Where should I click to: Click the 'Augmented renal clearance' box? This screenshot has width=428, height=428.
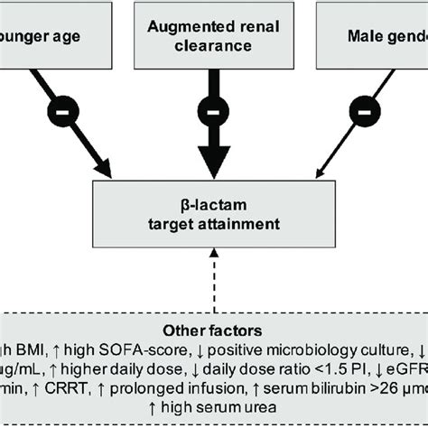click(x=213, y=34)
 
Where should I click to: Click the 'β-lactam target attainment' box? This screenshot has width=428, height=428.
click(x=213, y=211)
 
